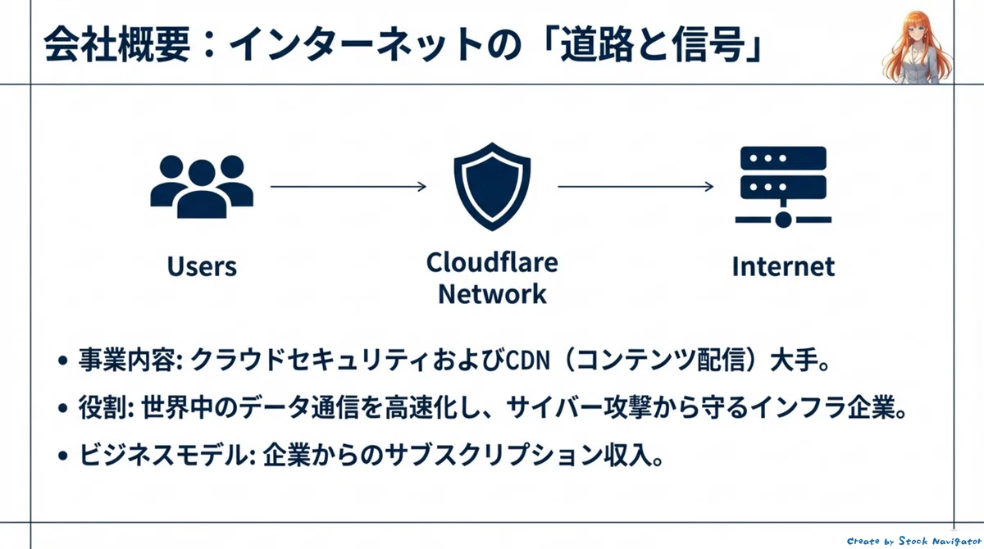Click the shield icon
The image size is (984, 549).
(x=492, y=187)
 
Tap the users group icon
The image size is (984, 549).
(x=202, y=187)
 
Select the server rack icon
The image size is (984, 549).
(x=783, y=188)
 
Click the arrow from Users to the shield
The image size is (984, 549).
(x=348, y=187)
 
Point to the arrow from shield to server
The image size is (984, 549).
(x=635, y=187)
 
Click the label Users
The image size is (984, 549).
(x=202, y=266)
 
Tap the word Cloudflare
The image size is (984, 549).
(x=492, y=262)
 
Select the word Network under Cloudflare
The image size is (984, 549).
(x=492, y=293)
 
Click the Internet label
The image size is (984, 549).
(x=783, y=266)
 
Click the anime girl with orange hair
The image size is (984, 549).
(x=917, y=48)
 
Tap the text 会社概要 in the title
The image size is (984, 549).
(x=116, y=45)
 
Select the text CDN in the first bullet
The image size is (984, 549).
(x=527, y=361)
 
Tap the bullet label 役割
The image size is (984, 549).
(x=102, y=408)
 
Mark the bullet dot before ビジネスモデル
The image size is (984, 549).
(x=63, y=456)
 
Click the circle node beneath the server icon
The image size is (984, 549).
(x=783, y=220)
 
